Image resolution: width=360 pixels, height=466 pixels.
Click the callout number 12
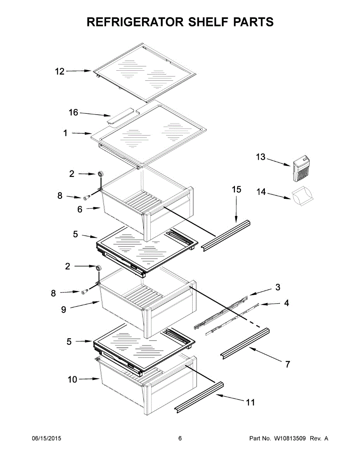59,71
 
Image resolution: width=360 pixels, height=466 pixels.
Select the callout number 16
73,113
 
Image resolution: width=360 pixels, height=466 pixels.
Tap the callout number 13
261,157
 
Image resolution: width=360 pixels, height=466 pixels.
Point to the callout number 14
261,191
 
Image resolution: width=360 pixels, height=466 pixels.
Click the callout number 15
237,190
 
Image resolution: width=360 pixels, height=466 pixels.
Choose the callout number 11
251,402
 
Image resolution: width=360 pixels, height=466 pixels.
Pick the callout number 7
287,365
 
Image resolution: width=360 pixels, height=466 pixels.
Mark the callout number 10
73,379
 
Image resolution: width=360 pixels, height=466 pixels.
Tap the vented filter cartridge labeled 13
302,169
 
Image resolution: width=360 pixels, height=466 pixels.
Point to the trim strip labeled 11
199,397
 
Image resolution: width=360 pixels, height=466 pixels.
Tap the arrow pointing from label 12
79,71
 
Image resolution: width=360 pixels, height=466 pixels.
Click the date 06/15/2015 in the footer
46,438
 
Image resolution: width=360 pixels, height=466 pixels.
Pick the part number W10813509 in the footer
291,438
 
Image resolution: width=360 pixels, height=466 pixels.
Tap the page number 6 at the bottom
180,438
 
